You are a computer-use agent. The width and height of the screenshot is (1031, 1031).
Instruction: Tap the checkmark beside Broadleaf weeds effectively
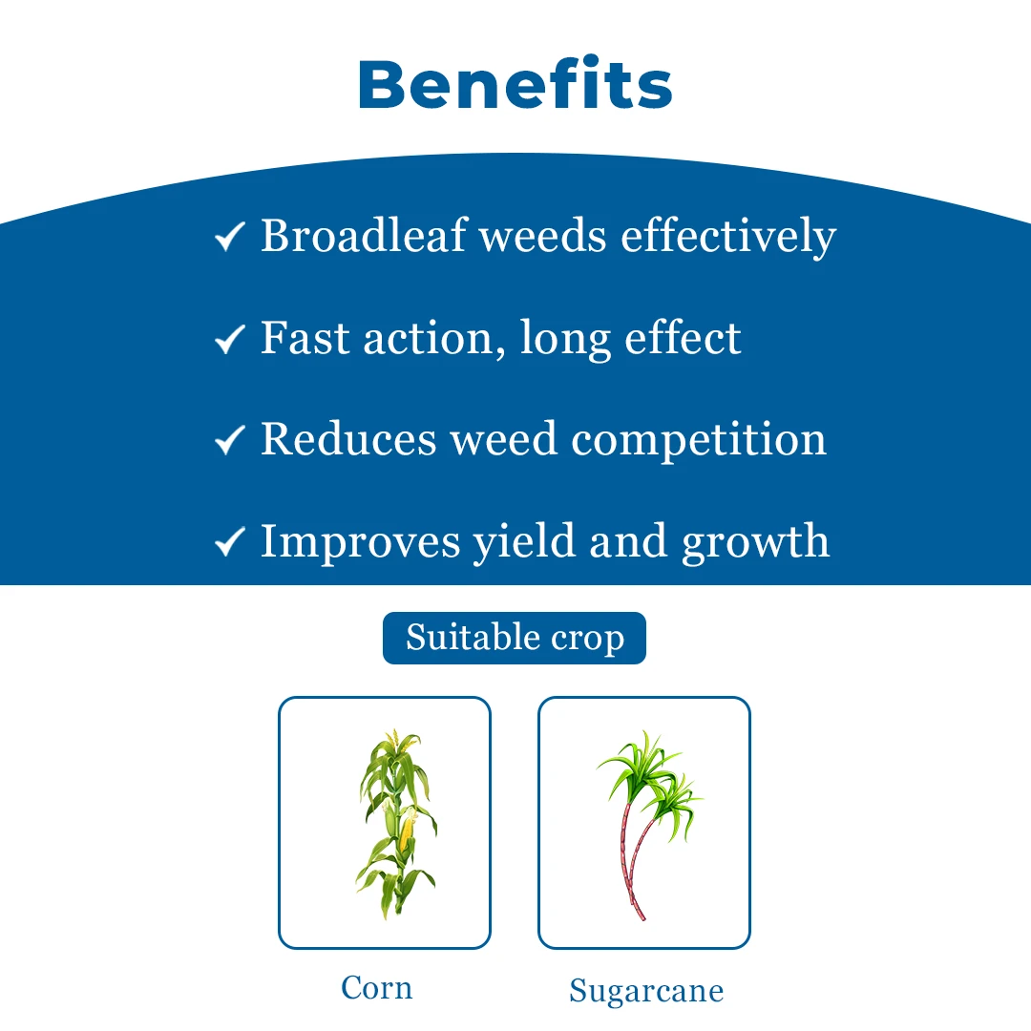coord(230,237)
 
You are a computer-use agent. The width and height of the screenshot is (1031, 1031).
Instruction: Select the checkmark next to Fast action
coord(230,339)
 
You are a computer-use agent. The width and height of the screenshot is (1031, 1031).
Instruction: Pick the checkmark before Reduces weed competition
coord(230,440)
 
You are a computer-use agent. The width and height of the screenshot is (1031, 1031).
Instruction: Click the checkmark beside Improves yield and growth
coord(230,542)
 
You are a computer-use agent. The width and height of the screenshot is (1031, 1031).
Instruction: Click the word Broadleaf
coord(362,235)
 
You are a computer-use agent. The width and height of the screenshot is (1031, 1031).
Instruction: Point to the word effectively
coord(728,237)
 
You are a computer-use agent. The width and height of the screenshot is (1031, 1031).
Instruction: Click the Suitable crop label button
coord(515,638)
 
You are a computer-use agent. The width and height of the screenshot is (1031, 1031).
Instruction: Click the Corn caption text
coord(377,987)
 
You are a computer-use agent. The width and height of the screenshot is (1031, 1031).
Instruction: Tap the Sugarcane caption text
coord(646,990)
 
